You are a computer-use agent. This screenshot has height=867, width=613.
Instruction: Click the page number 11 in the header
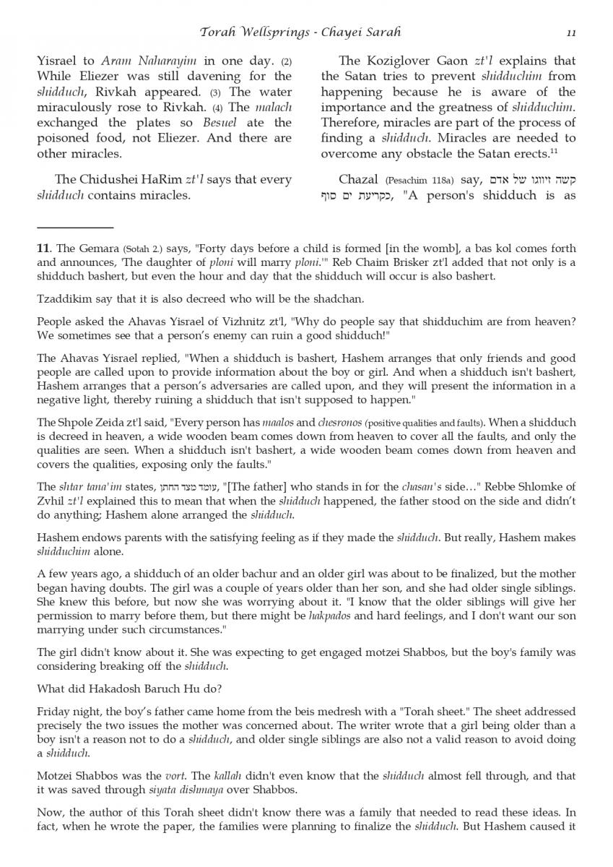(x=571, y=33)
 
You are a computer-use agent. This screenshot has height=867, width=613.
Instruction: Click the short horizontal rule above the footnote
(x=75, y=228)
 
